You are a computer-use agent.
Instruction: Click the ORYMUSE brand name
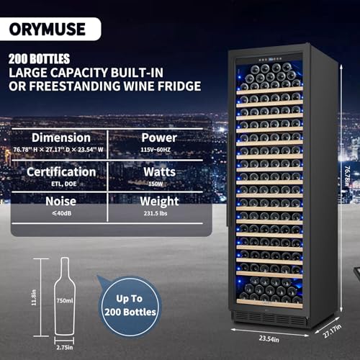coord(48,29)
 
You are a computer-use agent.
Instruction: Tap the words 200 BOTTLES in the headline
coord(39,59)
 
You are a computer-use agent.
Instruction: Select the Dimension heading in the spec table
coord(61,138)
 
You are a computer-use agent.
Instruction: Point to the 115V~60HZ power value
coord(156,150)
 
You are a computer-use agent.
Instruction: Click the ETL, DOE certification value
coord(64,184)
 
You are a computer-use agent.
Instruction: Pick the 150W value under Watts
coord(156,184)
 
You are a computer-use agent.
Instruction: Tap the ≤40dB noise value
coord(62,213)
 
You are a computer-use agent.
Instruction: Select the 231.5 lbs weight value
coord(156,213)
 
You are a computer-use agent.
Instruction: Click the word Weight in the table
coord(159,202)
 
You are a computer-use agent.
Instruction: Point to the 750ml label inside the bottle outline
coord(65,300)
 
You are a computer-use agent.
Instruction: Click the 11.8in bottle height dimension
coord(34,297)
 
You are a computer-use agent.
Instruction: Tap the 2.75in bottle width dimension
coord(65,347)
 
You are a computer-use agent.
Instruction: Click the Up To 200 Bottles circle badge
coord(130,306)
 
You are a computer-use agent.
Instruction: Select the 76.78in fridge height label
coord(347,176)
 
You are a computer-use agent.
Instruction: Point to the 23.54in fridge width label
coord(269,339)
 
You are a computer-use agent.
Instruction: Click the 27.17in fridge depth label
coord(332,331)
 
